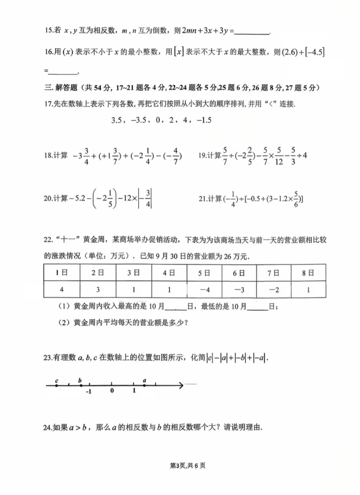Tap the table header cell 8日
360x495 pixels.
(x=308, y=273)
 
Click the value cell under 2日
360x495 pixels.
(x=98, y=290)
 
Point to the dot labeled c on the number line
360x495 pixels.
(x=57, y=385)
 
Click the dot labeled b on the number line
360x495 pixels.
(x=81, y=385)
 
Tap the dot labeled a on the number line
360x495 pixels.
(x=145, y=385)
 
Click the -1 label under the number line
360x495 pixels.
(x=88, y=391)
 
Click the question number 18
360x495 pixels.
(x=48, y=156)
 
